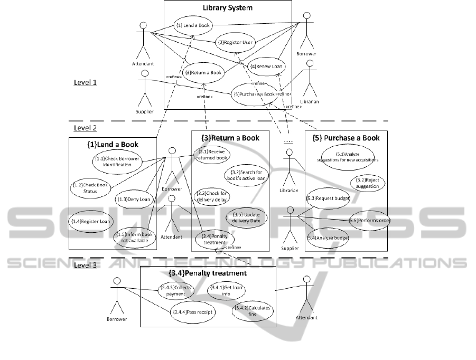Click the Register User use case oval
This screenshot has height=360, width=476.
[236, 43]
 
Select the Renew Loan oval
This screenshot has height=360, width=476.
[267, 67]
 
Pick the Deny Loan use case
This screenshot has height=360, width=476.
[133, 198]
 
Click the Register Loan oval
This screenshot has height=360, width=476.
[91, 221]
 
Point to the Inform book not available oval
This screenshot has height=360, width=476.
[134, 237]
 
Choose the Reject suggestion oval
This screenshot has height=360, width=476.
[367, 183]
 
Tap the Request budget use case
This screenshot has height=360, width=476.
[328, 198]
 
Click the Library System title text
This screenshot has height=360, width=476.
[228, 8]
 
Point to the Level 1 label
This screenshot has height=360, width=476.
[86, 82]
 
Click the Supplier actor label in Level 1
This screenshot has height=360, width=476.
[144, 112]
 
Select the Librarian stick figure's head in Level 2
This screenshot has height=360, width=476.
[288, 153]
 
